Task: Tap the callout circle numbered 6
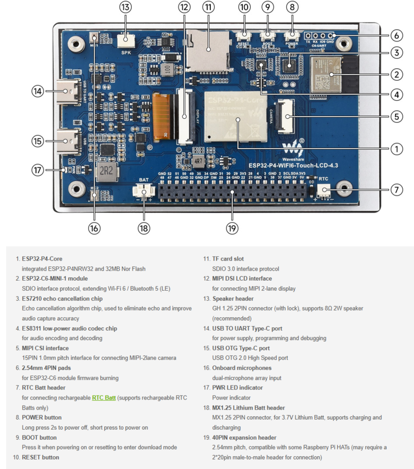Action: (396, 35)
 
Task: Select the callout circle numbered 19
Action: (232, 228)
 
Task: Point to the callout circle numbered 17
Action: (38, 170)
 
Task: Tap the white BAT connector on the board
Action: (144, 193)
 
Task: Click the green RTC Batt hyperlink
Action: (104, 397)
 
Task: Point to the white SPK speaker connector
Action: (126, 39)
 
